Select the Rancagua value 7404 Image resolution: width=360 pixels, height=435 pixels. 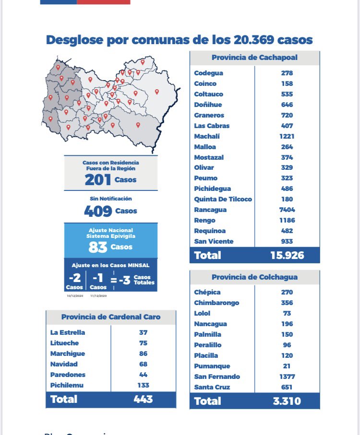click(x=288, y=210)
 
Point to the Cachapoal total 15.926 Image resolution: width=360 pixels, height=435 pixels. click(x=287, y=255)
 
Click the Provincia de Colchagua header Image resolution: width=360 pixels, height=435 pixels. click(x=254, y=277)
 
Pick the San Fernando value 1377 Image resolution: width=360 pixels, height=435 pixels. click(x=288, y=376)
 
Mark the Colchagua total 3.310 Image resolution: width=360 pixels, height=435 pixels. click(x=287, y=401)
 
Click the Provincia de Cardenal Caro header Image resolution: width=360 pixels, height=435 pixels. click(x=111, y=317)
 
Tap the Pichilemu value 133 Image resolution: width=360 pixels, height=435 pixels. click(x=143, y=385)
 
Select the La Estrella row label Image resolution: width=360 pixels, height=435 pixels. click(x=68, y=332)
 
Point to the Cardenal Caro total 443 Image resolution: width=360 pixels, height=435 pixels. click(x=143, y=399)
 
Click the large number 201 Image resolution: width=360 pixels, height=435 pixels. click(x=98, y=180)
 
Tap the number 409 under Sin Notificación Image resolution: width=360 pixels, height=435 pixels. click(x=98, y=211)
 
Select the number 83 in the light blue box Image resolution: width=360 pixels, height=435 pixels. click(x=97, y=247)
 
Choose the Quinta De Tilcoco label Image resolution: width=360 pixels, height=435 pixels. click(x=223, y=199)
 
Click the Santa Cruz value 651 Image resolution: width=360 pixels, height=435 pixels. click(x=288, y=387)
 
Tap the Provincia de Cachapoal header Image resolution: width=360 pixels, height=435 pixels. click(x=254, y=58)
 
